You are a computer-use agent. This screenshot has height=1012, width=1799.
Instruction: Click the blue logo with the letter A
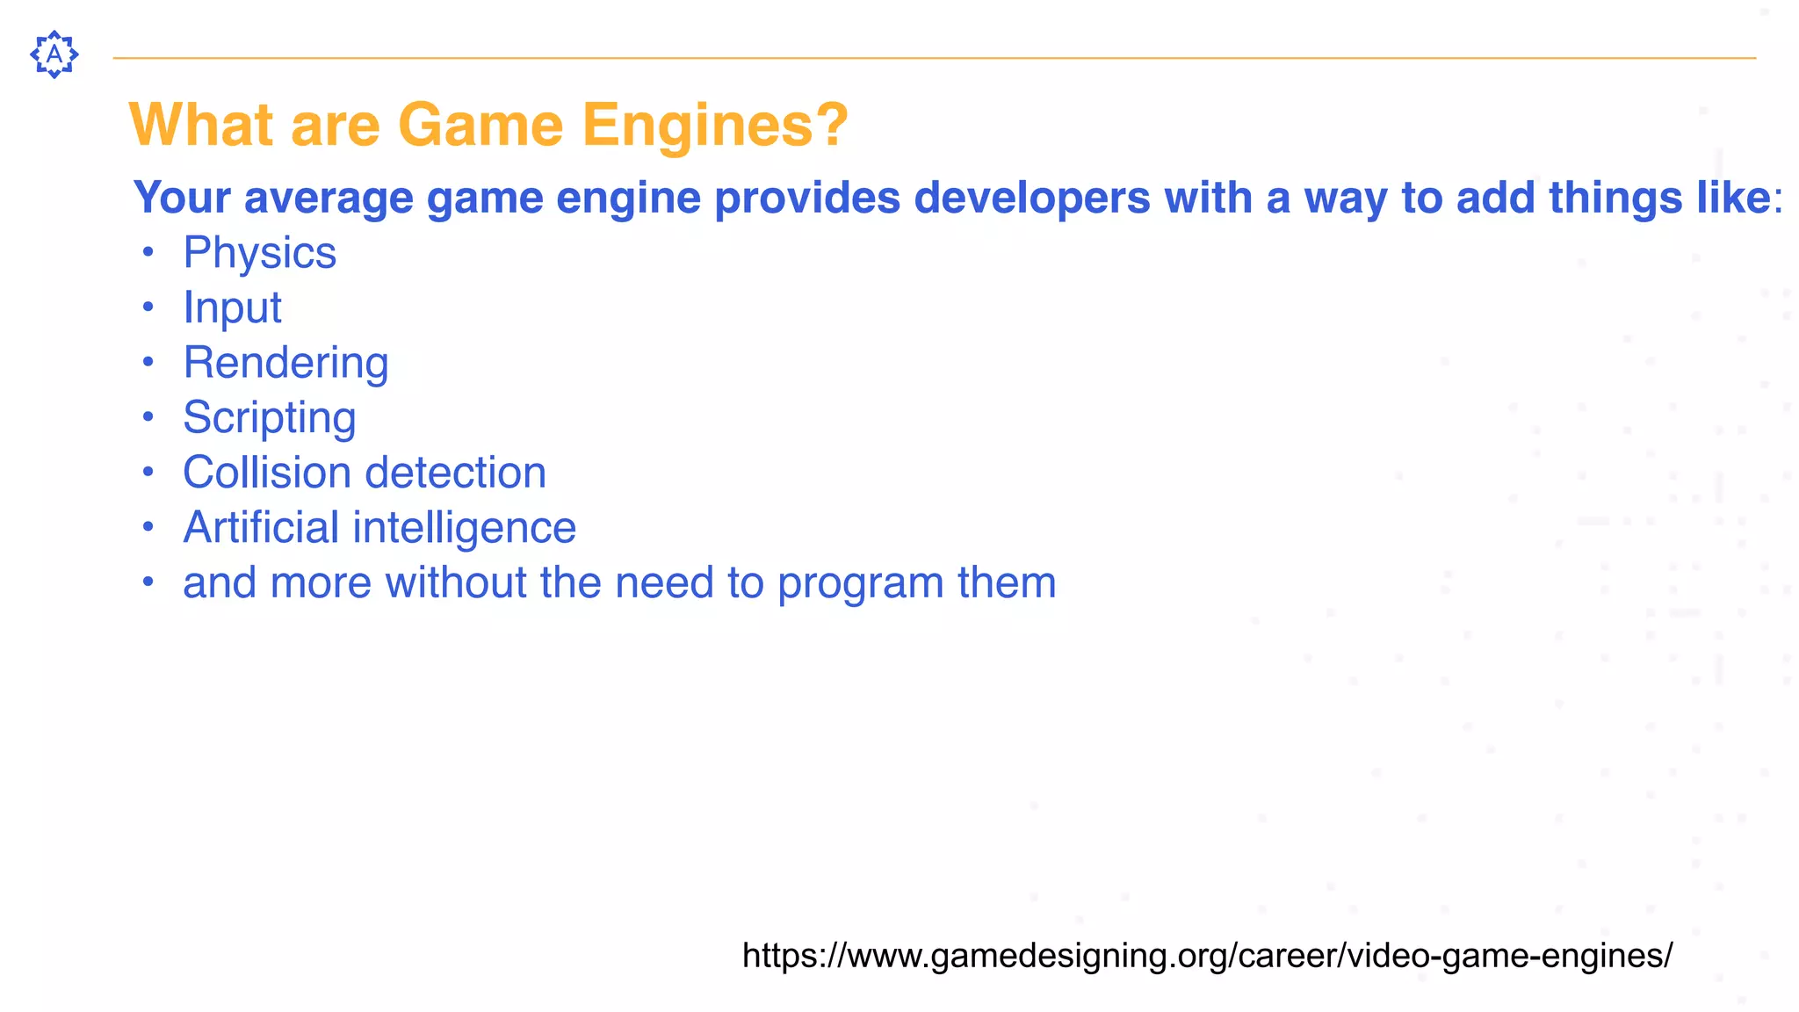(54, 54)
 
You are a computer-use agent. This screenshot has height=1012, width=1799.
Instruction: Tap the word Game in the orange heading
(480, 124)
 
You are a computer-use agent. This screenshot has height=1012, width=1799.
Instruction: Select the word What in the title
(201, 124)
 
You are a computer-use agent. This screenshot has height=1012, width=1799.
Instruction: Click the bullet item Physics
(259, 253)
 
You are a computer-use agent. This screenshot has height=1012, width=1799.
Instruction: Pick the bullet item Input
(232, 307)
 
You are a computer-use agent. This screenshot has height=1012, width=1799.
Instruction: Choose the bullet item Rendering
(285, 363)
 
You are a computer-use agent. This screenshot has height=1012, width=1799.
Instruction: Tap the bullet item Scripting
(269, 417)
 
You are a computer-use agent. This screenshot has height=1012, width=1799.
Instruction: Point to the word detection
(462, 473)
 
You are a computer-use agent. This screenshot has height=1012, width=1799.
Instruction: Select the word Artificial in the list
(261, 527)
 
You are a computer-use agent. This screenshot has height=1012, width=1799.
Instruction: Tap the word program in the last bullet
(860, 583)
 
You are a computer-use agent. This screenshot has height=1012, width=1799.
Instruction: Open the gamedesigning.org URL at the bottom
(1207, 955)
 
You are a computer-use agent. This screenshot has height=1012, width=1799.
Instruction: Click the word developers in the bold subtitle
(1032, 198)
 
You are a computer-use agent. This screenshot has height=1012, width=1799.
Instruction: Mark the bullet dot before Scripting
(148, 416)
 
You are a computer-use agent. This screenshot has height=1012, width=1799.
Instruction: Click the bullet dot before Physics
(148, 252)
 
